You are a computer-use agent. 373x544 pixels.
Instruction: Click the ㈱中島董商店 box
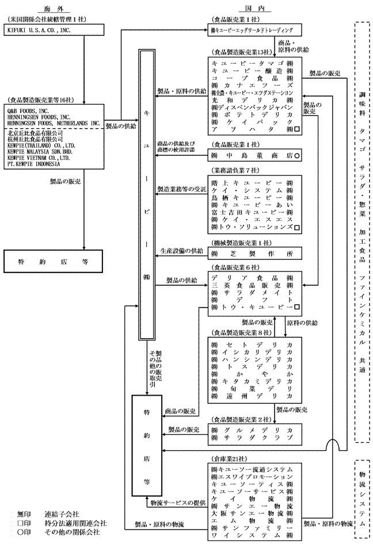click(256, 156)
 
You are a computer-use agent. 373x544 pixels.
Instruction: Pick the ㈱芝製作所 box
click(256, 253)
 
